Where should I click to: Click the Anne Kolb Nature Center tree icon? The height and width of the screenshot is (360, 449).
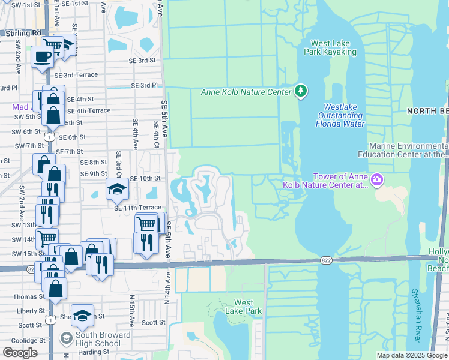pyautogui.click(x=301, y=91)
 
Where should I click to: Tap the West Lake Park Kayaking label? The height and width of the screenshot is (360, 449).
pyautogui.click(x=334, y=47)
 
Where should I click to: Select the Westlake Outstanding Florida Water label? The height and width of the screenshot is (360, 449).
pyautogui.click(x=340, y=115)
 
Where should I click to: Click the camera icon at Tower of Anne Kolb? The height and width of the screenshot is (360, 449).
pyautogui.click(x=377, y=179)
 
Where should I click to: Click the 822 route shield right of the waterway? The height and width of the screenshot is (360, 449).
pyautogui.click(x=325, y=260)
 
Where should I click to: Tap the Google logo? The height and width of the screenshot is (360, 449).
pyautogui.click(x=20, y=352)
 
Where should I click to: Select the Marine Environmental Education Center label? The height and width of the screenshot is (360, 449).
pyautogui.click(x=408, y=150)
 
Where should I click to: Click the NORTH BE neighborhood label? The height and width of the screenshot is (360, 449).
pyautogui.click(x=427, y=111)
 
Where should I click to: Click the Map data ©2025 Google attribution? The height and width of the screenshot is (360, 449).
pyautogui.click(x=412, y=355)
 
